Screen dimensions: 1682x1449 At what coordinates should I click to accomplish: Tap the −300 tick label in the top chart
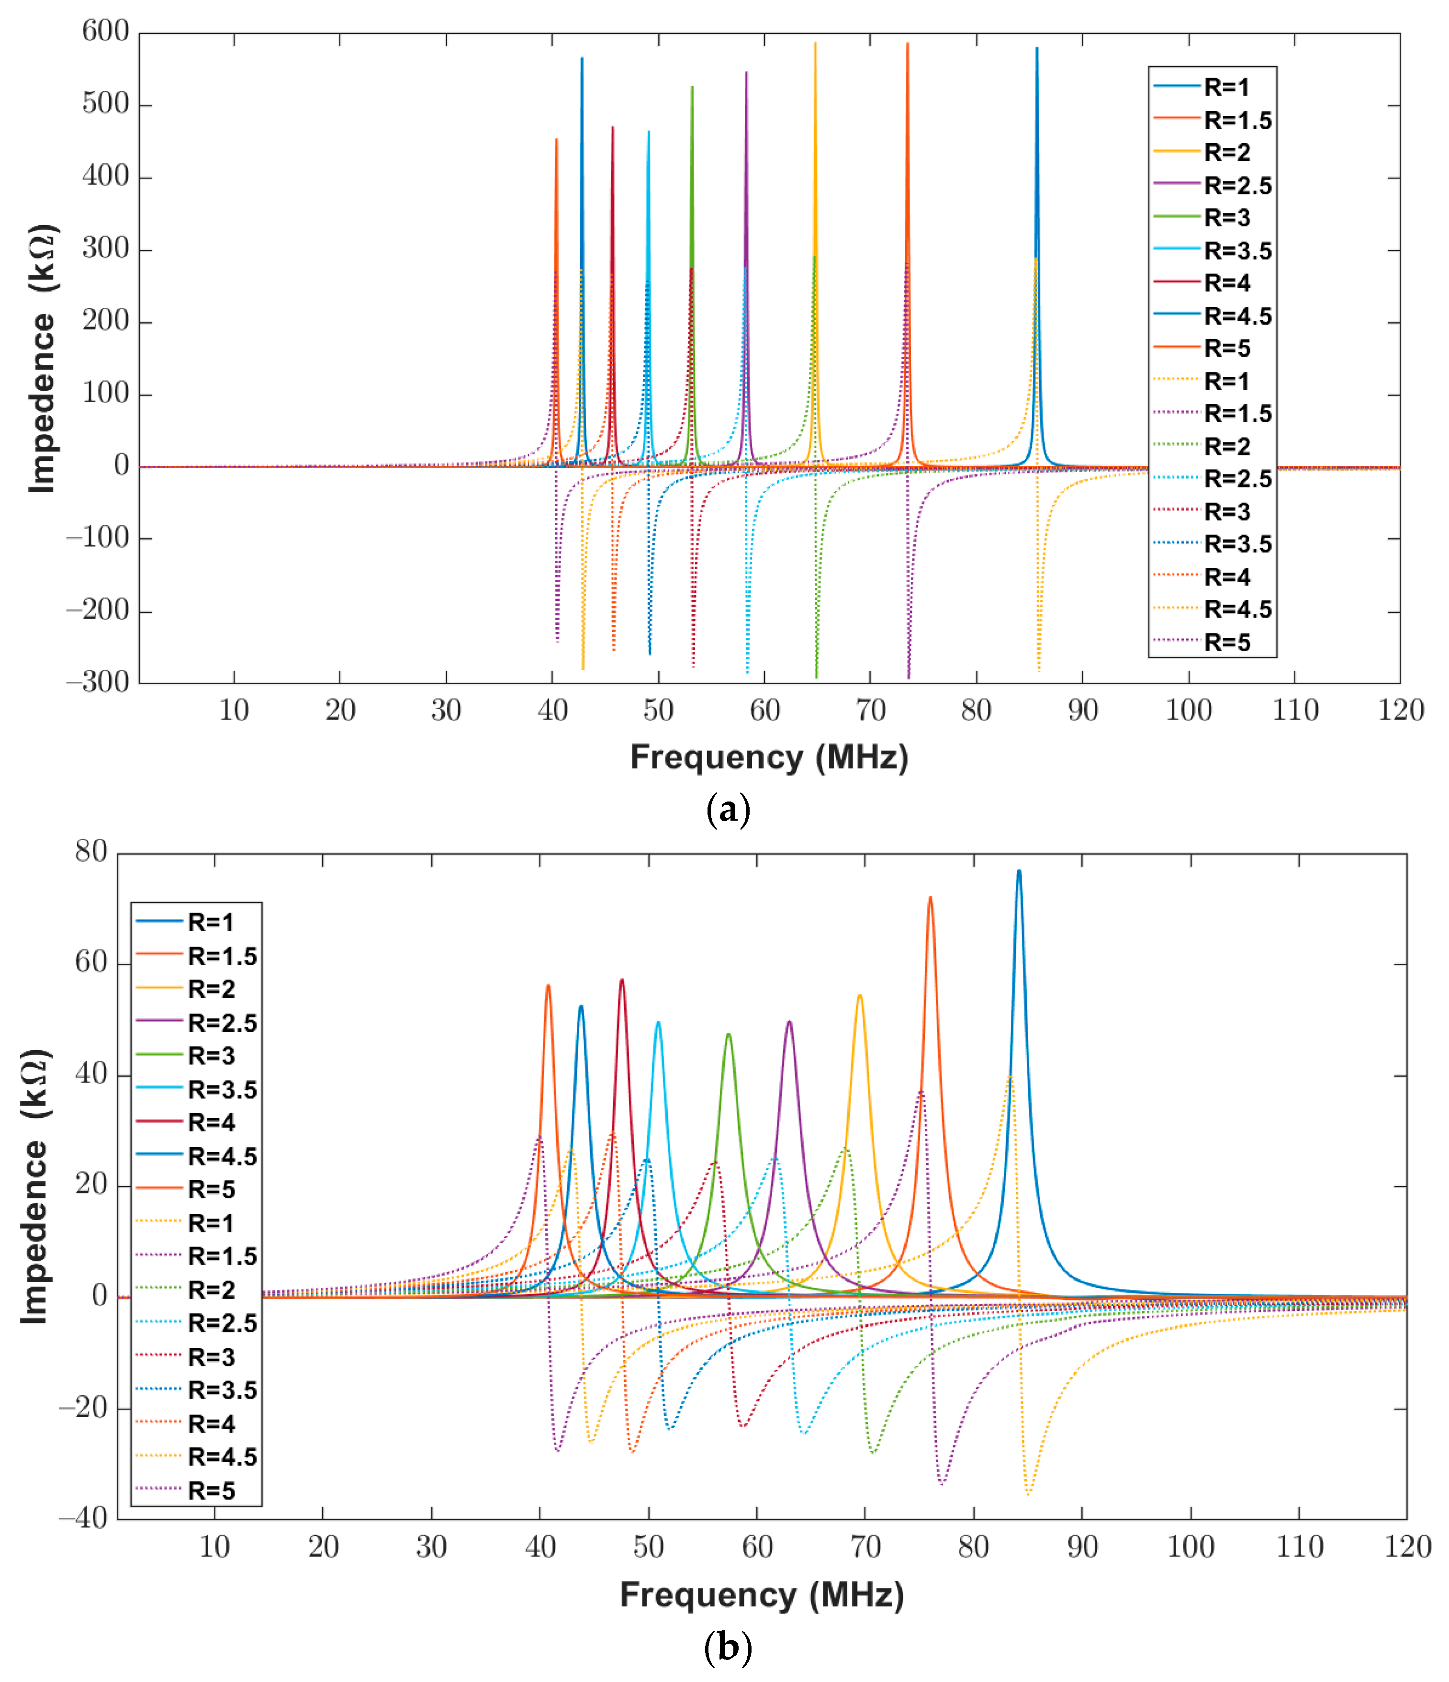[97, 682]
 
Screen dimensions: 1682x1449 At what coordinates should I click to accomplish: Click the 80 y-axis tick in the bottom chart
[91, 852]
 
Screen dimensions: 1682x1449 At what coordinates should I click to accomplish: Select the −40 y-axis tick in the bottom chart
[83, 1518]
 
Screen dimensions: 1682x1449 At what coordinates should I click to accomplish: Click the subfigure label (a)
[728, 809]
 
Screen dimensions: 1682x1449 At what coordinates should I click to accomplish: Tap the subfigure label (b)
[728, 1648]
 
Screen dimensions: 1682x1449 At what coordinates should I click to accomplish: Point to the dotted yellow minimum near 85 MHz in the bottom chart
[1029, 1492]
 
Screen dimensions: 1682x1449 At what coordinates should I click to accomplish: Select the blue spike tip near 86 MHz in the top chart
[1037, 49]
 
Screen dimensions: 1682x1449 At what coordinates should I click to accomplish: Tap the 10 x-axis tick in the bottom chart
[214, 1547]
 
